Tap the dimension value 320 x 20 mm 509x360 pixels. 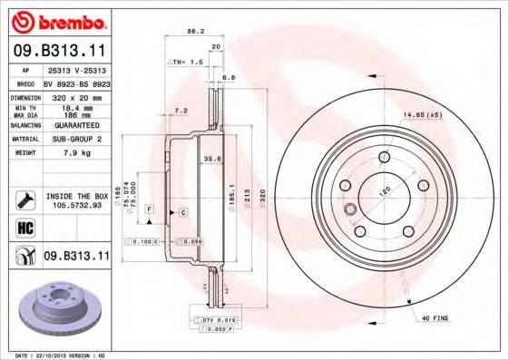[x=73, y=95]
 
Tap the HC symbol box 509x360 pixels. [x=24, y=228]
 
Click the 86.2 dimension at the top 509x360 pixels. [x=192, y=32]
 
